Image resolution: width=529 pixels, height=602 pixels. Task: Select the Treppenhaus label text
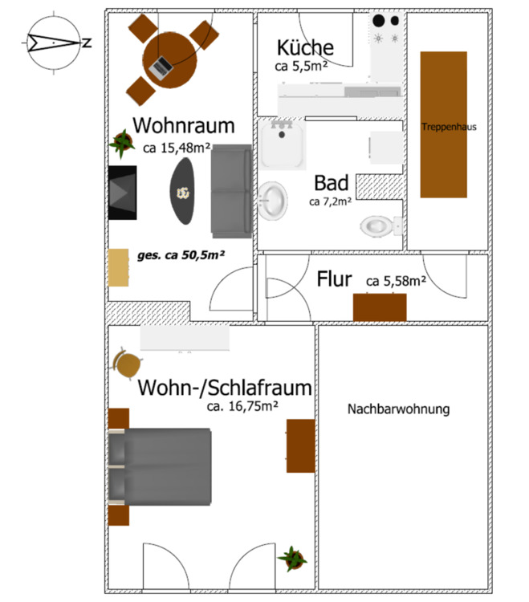[x=443, y=127]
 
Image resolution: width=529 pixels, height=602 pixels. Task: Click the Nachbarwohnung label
[x=398, y=409]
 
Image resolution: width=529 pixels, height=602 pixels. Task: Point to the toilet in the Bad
[x=377, y=226]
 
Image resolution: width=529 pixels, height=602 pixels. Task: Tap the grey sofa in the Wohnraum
[x=231, y=191]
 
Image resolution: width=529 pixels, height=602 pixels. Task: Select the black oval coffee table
[x=183, y=191]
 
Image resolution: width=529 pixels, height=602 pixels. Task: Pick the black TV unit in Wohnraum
[x=122, y=192]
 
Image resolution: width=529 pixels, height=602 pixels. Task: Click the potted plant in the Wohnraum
[x=122, y=144]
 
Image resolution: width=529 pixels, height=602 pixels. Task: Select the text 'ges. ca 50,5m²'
[x=181, y=254]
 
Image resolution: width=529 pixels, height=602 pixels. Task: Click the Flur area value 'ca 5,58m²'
[x=396, y=282]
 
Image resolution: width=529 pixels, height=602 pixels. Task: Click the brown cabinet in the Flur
[x=380, y=307]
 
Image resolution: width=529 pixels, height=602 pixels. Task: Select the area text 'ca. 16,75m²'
[x=242, y=406]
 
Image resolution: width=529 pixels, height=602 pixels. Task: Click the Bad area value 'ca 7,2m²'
[x=330, y=201]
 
